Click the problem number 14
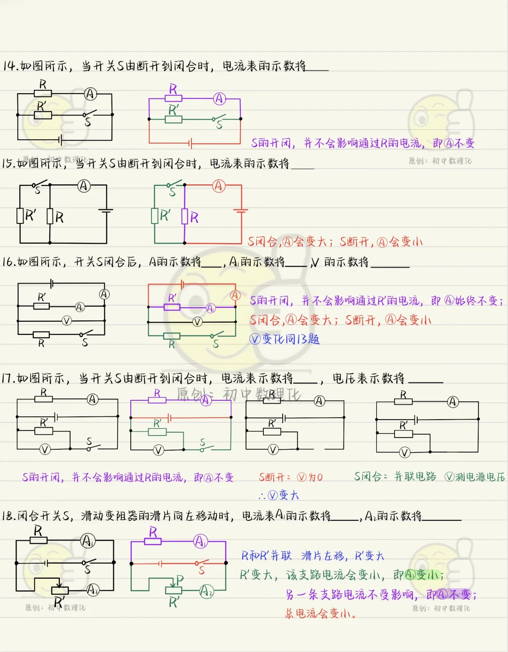tap(10, 66)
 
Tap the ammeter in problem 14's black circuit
tap(90, 94)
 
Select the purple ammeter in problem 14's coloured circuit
tap(219, 99)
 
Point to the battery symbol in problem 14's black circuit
tap(60, 140)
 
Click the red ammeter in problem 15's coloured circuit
tap(218, 186)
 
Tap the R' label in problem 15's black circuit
tap(31, 216)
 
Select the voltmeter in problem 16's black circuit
tap(67, 321)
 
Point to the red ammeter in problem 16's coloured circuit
tap(235, 295)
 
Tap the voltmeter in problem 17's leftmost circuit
tap(45, 450)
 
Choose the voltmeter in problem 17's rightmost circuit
tap(405, 453)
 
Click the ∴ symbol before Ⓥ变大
tap(262, 496)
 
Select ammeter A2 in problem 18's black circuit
tap(93, 589)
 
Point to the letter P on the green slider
tap(180, 580)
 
